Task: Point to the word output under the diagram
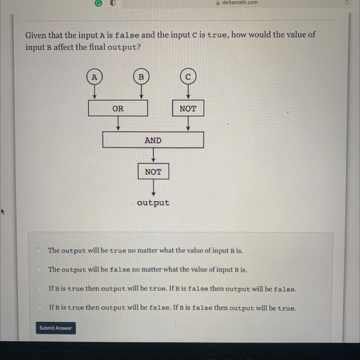[153, 203]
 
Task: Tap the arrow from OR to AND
[118, 123]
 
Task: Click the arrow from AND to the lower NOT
[153, 155]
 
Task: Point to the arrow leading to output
[153, 188]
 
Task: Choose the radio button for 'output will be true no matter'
[39, 250]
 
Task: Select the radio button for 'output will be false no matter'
[39, 269]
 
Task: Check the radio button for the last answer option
[40, 307]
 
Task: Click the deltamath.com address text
[240, 3]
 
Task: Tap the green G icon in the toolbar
[98, 3]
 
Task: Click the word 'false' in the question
[127, 36]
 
